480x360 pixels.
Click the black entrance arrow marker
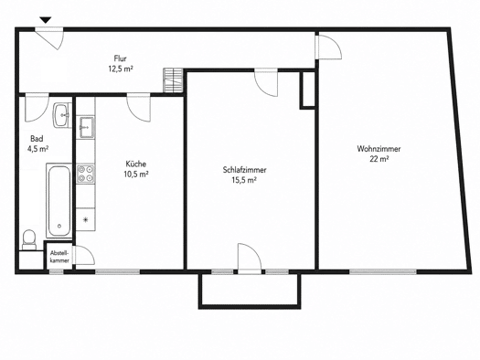tap(46, 20)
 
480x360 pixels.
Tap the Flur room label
tap(121, 58)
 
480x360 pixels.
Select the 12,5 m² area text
tap(121, 69)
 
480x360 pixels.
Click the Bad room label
tap(37, 139)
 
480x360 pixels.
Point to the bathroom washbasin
tap(62, 115)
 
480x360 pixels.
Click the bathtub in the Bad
tap(59, 200)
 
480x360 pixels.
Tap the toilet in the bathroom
tap(29, 239)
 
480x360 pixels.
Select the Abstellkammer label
tap(59, 257)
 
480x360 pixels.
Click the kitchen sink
tap(86, 127)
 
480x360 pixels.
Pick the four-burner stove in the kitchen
tap(85, 174)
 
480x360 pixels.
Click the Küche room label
tap(136, 164)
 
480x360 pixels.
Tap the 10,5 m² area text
tap(136, 175)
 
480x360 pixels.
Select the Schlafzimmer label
tap(245, 170)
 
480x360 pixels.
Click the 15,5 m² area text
tap(244, 180)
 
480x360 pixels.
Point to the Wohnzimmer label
tap(379, 149)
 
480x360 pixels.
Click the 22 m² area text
tap(379, 159)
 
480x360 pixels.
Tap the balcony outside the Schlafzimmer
tap(250, 291)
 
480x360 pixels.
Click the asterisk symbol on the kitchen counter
tap(86, 219)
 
